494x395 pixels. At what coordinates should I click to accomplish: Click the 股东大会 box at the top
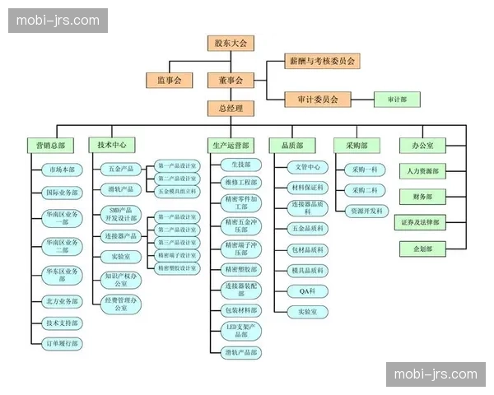[231, 43]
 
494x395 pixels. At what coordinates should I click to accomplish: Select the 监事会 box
[169, 81]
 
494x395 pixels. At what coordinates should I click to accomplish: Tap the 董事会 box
[231, 81]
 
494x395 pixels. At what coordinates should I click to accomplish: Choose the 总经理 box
[231, 108]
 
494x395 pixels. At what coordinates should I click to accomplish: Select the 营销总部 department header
[51, 145]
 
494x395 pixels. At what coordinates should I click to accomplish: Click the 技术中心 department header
[111, 144]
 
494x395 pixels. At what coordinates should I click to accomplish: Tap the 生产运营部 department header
[230, 145]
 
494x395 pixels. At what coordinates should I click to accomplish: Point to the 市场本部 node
[63, 170]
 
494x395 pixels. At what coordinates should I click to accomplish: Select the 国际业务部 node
[63, 193]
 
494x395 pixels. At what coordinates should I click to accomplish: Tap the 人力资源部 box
[422, 171]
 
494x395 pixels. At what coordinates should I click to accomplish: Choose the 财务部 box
[422, 197]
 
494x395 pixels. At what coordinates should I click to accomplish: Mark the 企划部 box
[422, 248]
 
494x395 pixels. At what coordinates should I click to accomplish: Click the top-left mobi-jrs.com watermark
[59, 21]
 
